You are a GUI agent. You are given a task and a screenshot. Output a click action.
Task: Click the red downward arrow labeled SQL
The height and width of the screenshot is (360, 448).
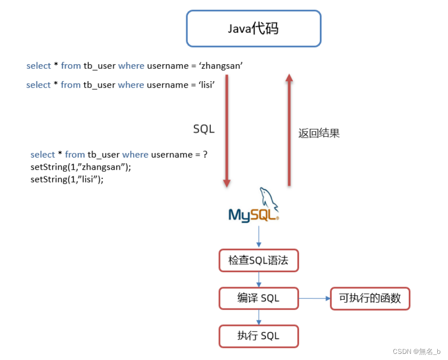[227, 131]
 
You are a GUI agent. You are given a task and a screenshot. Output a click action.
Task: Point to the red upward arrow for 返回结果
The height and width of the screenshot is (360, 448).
[289, 130]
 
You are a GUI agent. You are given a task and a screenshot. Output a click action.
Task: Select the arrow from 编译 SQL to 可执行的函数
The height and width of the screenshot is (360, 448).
[314, 298]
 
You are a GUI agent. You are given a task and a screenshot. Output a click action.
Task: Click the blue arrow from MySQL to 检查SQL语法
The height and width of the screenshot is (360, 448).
[259, 237]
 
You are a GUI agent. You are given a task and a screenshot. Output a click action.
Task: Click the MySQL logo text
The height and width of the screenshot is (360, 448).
[254, 215]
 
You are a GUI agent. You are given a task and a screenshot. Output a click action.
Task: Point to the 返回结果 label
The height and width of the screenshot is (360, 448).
[319, 133]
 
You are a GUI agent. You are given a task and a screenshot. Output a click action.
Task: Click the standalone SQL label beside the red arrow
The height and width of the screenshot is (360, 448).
[204, 129]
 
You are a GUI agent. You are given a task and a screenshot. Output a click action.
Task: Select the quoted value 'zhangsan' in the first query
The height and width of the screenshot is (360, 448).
[221, 66]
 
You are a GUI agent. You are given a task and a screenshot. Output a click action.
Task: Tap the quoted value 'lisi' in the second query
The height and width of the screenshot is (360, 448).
[207, 85]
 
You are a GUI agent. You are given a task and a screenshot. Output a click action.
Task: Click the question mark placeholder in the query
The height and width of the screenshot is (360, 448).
[205, 155]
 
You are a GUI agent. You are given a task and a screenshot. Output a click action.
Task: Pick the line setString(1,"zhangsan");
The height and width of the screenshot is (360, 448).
[81, 167]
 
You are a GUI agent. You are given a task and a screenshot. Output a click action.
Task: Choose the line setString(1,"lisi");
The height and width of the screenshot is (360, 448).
[67, 179]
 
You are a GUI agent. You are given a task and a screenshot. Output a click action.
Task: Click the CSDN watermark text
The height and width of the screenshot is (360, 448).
[416, 352]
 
